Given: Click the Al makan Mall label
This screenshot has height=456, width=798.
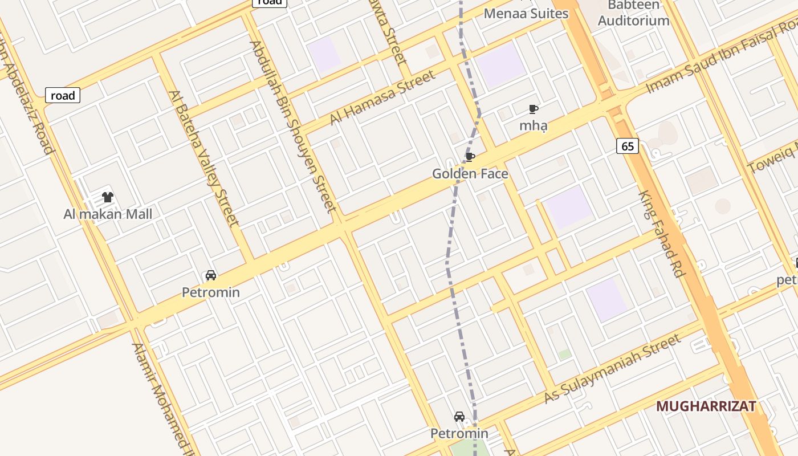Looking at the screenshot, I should tap(108, 214).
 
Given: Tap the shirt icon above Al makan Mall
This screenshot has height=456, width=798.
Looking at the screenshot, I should tap(108, 197).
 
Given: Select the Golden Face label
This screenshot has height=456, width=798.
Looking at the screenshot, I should tap(470, 174).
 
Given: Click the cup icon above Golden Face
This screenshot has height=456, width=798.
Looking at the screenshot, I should tap(470, 157).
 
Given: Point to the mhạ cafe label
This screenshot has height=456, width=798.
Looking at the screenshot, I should tap(533, 125).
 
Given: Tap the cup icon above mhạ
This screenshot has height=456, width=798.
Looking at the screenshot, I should tap(533, 109).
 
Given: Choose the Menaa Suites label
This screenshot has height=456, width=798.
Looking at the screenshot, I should tap(526, 13).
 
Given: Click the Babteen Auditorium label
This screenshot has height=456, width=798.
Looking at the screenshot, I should tap(634, 14).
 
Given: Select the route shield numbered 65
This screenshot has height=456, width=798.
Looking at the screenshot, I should tap(627, 146).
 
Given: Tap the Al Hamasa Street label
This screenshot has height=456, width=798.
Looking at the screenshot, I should tap(382, 97).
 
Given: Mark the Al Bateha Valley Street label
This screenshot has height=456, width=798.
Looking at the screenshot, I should tap(203, 158).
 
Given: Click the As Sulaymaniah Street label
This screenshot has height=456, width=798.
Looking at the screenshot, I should tap(612, 369).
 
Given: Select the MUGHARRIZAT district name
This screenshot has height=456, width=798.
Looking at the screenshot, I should tap(706, 406).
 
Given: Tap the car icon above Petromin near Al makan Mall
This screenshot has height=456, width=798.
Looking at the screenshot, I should tap(211, 276).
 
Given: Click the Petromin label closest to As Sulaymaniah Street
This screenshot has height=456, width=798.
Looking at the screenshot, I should tap(459, 434).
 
